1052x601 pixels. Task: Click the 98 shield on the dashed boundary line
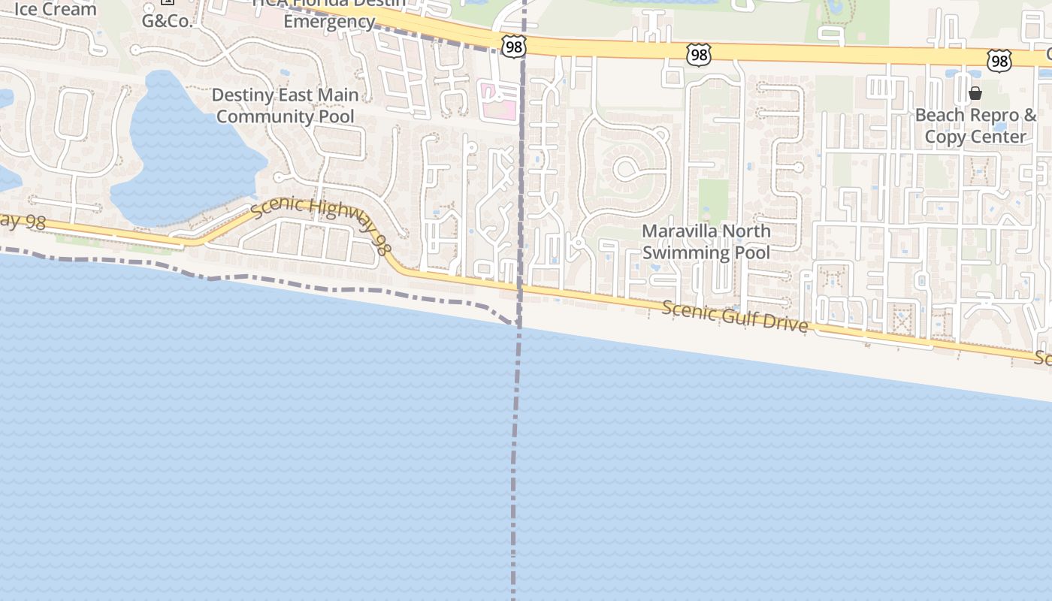pos(514,47)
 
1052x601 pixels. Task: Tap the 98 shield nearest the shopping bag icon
pos(999,61)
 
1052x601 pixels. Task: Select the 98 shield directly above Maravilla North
pos(698,54)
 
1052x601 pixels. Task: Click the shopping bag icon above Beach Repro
pos(975,93)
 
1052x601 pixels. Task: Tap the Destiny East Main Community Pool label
pos(285,106)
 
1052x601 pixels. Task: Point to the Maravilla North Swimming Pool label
pos(706,241)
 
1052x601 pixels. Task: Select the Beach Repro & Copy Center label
pos(975,126)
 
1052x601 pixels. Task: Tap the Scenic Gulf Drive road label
pos(735,316)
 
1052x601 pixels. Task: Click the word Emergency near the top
pos(329,21)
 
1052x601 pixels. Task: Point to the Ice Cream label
pos(56,10)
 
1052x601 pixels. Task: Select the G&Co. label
pos(167,20)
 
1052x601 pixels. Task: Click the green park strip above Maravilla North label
pos(713,200)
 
